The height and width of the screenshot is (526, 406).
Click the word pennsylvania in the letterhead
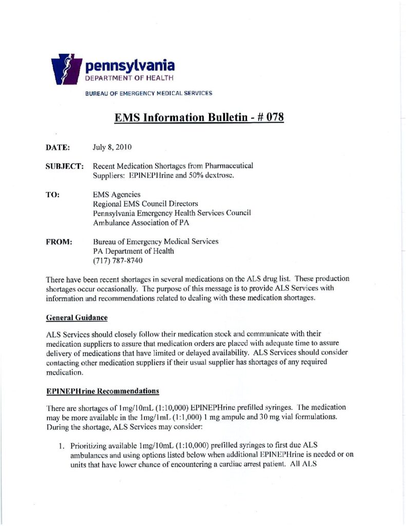[130, 66]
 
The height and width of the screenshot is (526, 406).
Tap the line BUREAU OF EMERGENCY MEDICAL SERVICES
[149, 93]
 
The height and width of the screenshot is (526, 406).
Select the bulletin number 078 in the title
[273, 117]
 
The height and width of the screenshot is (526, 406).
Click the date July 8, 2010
[112, 148]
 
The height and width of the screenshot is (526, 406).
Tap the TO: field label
[53, 195]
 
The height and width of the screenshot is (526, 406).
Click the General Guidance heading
[76, 318]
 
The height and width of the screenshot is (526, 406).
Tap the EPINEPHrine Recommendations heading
[102, 391]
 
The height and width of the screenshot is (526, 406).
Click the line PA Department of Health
[133, 251]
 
